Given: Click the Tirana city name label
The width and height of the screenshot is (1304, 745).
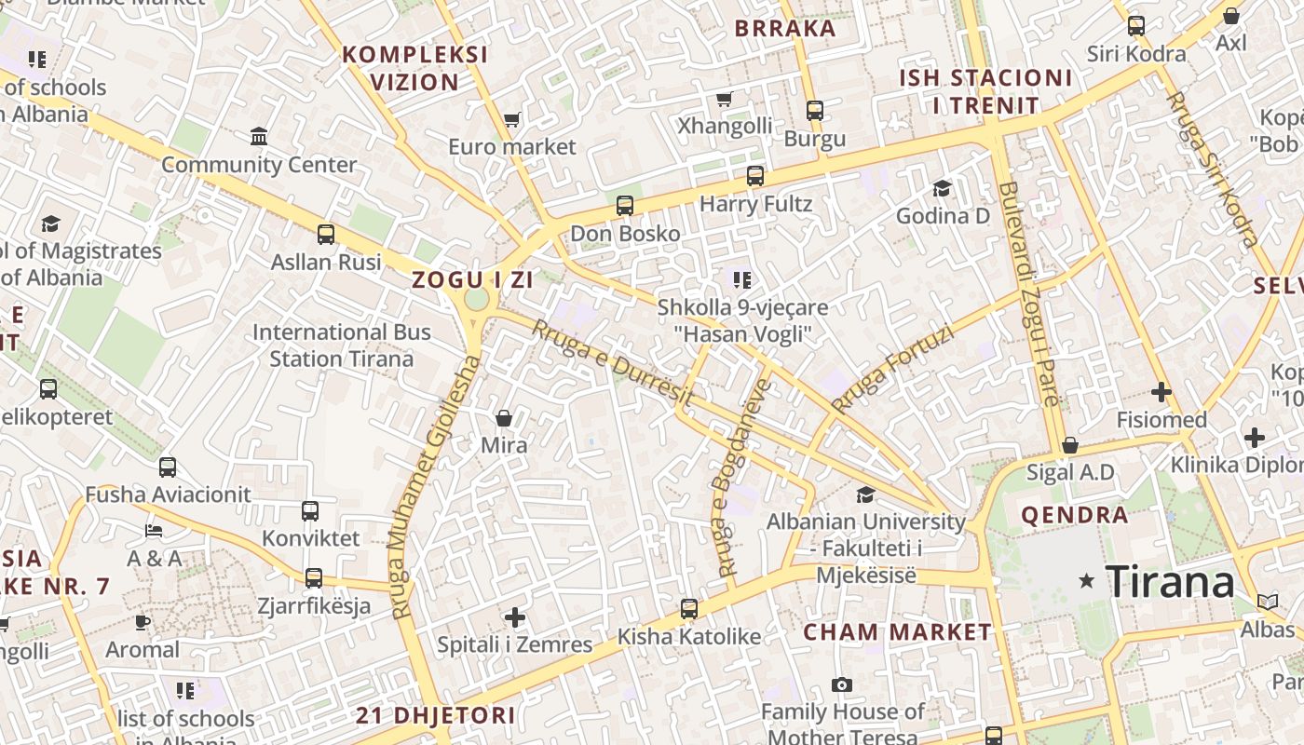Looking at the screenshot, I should [x=1170, y=582].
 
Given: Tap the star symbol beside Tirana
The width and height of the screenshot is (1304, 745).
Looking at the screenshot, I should [x=1086, y=581].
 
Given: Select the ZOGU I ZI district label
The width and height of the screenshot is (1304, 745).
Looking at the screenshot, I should [x=472, y=279].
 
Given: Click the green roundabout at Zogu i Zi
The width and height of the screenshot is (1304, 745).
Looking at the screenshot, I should [x=476, y=300].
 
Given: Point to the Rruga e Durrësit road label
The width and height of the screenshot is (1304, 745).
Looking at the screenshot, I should [x=612, y=362].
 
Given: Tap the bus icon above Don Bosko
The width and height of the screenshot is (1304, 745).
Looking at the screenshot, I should [x=625, y=206].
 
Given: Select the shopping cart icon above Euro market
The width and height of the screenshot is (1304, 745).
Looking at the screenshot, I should [x=511, y=119].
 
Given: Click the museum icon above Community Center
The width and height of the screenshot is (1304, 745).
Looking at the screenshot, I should [x=259, y=138].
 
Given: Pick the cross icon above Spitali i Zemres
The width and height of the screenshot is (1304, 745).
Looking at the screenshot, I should [x=515, y=617].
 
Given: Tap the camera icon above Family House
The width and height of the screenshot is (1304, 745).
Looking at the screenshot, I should [x=842, y=685].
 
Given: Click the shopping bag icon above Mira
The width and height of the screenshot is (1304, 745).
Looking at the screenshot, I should [x=504, y=418].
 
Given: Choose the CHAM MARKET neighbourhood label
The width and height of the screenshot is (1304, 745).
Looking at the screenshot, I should [x=898, y=632].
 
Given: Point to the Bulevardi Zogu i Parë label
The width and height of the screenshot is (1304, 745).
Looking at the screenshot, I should [x=1028, y=293].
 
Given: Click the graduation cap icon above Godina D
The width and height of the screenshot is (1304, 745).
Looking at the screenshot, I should [x=943, y=189].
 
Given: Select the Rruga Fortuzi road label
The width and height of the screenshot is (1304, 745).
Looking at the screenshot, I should [x=893, y=368].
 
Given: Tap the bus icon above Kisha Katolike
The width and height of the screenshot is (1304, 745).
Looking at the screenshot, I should [x=689, y=609].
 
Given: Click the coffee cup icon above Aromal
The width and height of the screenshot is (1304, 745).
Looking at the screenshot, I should [x=142, y=622].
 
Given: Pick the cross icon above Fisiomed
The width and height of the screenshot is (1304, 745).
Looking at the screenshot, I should [x=1161, y=393].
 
